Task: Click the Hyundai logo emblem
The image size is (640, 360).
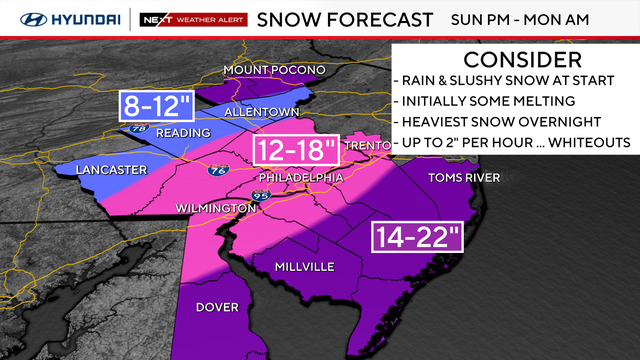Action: pyautogui.click(x=21, y=18)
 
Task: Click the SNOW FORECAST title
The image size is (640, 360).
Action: pyautogui.click(x=345, y=18)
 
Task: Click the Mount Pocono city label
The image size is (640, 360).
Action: pyautogui.click(x=275, y=69)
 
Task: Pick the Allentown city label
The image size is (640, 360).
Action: pyautogui.click(x=262, y=112)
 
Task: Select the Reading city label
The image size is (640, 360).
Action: pyautogui.click(x=183, y=133)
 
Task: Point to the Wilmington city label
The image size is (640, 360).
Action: pyautogui.click(x=214, y=207)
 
